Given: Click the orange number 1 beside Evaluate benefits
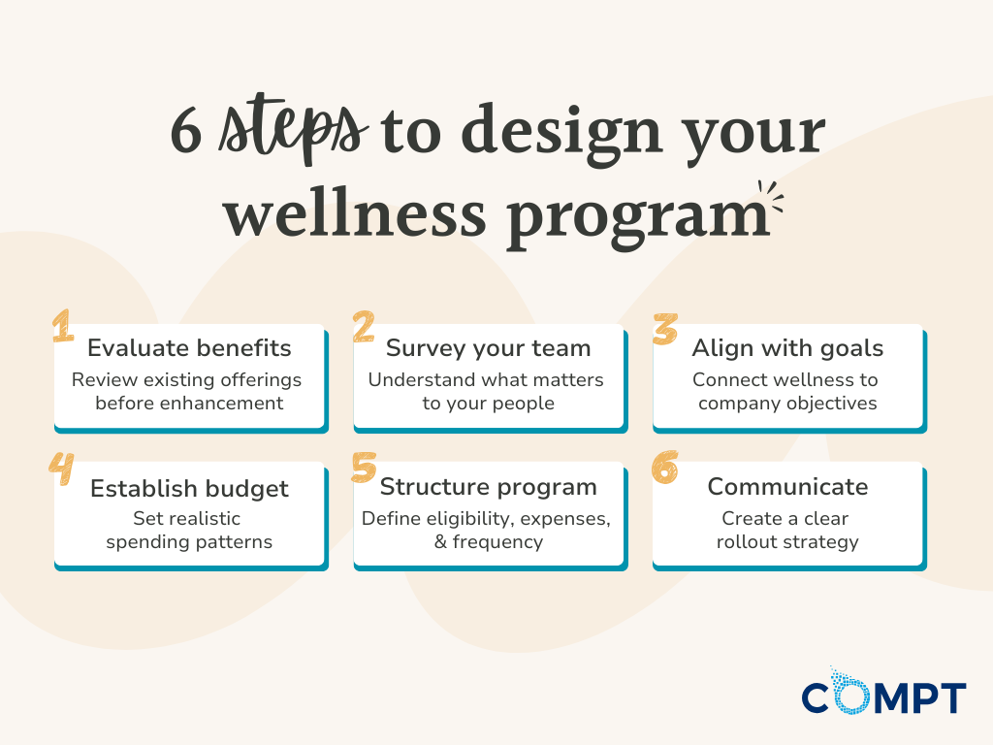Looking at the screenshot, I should coord(63,327).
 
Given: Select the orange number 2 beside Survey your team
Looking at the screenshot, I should coord(364,327).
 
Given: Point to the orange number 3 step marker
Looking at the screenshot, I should coord(664,328).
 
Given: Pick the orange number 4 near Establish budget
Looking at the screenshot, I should coord(62,467).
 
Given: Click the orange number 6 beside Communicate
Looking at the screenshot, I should coord(664,467).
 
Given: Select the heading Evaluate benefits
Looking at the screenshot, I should coord(189,348).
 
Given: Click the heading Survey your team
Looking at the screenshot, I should coord(488,348).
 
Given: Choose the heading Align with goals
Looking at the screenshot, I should coord(787,348).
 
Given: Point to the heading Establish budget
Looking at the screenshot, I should coord(189,488).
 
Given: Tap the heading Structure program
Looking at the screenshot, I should coord(488,486).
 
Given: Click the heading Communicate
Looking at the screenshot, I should coord(787,486).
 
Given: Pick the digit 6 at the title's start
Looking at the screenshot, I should coord(186,134).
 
